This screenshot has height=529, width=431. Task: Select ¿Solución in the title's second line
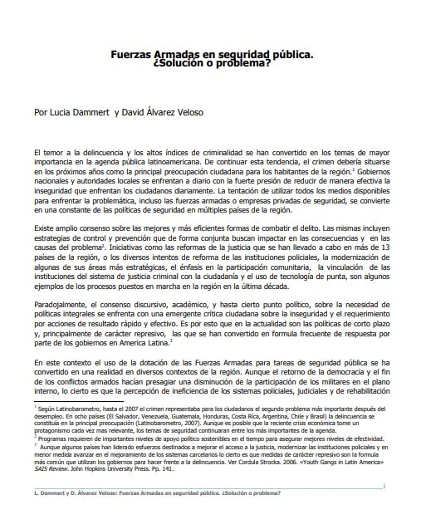tap(184, 61)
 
